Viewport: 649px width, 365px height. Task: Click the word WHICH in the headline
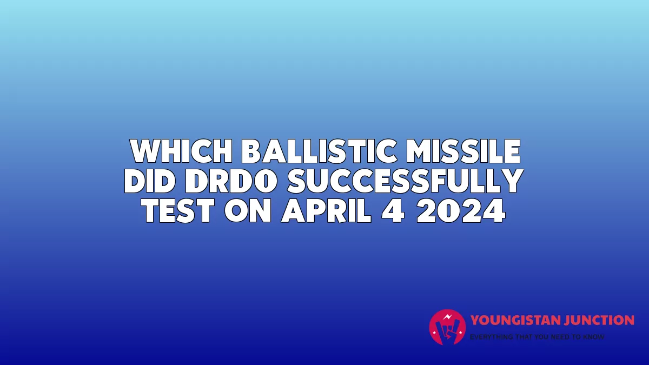click(181, 151)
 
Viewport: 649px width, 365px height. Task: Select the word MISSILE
click(463, 151)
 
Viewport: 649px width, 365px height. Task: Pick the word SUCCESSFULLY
click(405, 181)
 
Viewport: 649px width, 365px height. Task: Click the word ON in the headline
click(248, 210)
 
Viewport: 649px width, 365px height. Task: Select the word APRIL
click(326, 210)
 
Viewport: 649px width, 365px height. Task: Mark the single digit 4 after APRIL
click(393, 210)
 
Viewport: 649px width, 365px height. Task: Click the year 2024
click(461, 210)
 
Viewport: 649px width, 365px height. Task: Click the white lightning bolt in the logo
click(448, 317)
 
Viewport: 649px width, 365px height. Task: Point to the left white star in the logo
click(434, 332)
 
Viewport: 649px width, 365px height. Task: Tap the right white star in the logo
click(460, 332)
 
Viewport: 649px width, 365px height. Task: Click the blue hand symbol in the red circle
click(447, 330)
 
